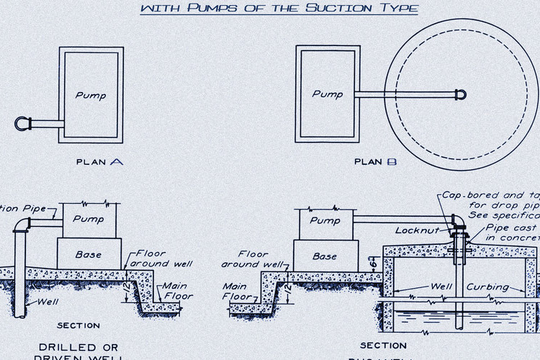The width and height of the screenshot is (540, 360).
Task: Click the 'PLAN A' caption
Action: pyautogui.click(x=99, y=162)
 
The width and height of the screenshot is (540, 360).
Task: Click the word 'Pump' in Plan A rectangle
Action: pyautogui.click(x=91, y=95)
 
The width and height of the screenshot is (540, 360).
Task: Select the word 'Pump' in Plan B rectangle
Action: pyautogui.click(x=327, y=94)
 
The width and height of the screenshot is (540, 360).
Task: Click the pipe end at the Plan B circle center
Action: pyautogui.click(x=460, y=94)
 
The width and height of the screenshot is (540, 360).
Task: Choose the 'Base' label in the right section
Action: pyautogui.click(x=325, y=256)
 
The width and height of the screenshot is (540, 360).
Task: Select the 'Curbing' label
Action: pyautogui.click(x=489, y=287)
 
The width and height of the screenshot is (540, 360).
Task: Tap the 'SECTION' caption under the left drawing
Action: pyautogui.click(x=78, y=325)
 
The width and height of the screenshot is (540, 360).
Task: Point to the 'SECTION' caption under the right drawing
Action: pyautogui.click(x=383, y=346)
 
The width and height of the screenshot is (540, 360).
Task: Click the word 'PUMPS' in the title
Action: pyautogui.click(x=207, y=9)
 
